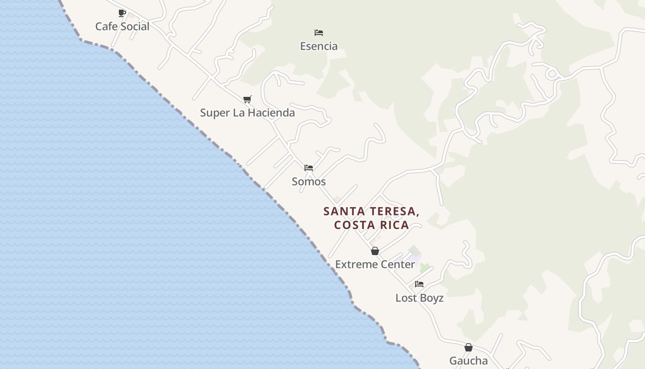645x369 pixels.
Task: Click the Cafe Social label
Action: click(122, 27)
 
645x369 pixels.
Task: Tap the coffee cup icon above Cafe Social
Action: click(122, 13)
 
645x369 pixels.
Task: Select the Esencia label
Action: click(319, 46)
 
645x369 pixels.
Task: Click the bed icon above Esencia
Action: click(319, 33)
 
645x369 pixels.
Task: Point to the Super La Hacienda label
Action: click(247, 113)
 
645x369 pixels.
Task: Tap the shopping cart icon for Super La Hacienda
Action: click(247, 99)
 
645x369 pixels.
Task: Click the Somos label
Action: click(309, 182)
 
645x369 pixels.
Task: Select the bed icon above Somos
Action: click(309, 168)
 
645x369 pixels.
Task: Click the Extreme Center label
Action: click(375, 265)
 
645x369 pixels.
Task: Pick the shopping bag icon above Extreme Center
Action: click(375, 251)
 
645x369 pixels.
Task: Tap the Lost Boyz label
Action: click(419, 298)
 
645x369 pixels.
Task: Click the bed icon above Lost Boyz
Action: click(419, 284)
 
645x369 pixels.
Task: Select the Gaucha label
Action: click(469, 361)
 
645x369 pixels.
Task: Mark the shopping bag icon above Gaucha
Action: click(469, 347)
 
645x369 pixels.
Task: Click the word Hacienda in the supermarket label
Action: click(271, 113)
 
